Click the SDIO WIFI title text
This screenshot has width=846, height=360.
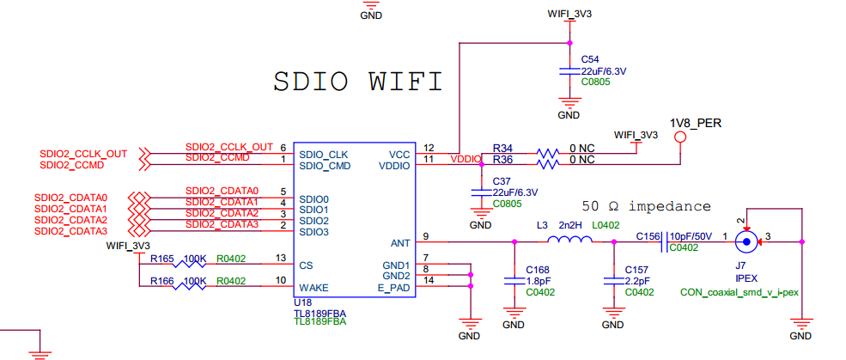click(357, 82)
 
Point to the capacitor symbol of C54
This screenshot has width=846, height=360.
click(567, 70)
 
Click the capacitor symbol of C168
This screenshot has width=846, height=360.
click(513, 280)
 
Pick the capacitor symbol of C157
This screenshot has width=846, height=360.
click(612, 280)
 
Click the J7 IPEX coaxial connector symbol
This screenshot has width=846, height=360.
click(747, 242)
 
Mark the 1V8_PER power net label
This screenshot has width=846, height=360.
click(696, 123)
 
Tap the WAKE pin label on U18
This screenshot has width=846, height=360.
click(313, 287)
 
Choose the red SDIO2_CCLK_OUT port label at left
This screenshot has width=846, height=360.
click(83, 154)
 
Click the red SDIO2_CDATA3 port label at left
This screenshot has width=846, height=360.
click(71, 231)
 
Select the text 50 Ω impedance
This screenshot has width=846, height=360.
click(646, 207)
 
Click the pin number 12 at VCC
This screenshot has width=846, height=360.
click(429, 148)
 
